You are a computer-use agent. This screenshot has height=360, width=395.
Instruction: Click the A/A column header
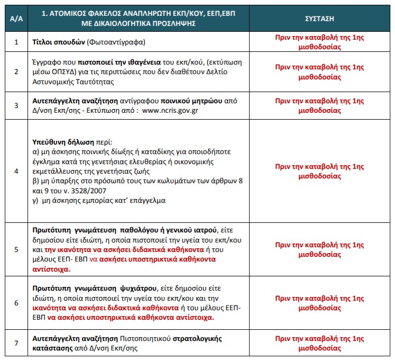(16, 18)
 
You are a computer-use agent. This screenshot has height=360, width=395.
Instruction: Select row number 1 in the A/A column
(16, 41)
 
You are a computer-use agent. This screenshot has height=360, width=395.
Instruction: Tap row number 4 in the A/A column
(16, 171)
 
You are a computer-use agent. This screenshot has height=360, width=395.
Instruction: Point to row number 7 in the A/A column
(16, 343)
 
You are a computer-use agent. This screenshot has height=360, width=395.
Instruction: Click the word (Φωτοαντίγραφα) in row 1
(112, 41)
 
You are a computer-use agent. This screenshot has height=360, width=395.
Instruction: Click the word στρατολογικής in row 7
(196, 338)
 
